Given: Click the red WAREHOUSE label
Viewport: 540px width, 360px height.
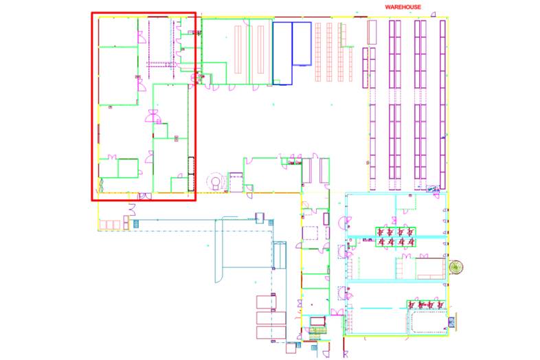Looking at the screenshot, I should tap(403, 7).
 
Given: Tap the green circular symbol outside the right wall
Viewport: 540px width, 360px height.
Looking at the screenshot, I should tap(454, 267).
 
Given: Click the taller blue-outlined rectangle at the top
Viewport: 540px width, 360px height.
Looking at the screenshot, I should tap(282, 53).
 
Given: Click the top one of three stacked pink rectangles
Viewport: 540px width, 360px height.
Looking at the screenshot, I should tap(265, 302).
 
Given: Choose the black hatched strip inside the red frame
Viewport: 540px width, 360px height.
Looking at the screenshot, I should tap(192, 166).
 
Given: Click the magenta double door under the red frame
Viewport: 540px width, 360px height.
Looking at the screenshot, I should tap(144, 197).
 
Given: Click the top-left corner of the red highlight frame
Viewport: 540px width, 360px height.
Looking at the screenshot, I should tap(93, 12).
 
